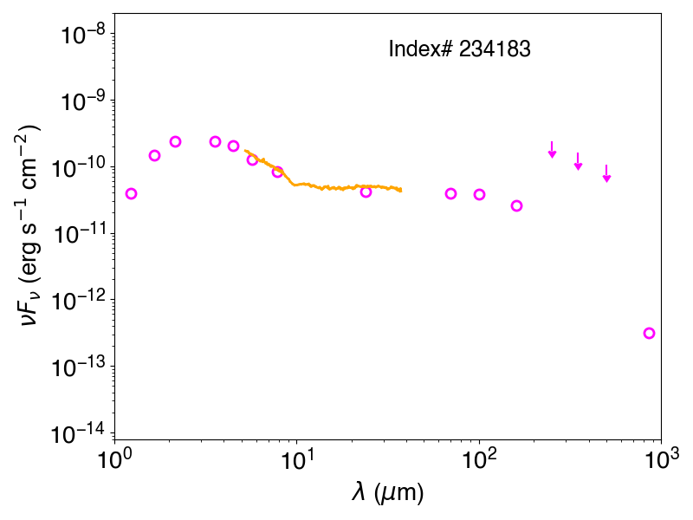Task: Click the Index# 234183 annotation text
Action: tap(459, 49)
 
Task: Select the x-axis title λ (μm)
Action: tap(387, 491)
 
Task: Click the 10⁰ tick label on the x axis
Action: tap(113, 459)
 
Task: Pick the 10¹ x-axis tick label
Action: tap(296, 459)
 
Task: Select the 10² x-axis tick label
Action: tap(479, 459)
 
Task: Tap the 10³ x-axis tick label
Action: tap(661, 459)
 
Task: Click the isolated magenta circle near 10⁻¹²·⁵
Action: tap(649, 333)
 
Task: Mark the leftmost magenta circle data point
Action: tap(131, 193)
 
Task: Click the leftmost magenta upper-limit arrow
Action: tap(552, 150)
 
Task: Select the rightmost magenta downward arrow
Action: tap(607, 173)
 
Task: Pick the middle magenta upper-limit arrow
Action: tap(578, 161)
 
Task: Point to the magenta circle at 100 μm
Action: tap(480, 194)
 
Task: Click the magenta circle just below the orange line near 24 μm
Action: tap(366, 192)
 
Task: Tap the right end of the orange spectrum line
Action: tap(401, 190)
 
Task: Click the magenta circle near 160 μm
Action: tap(516, 205)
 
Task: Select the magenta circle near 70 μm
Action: tap(450, 193)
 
